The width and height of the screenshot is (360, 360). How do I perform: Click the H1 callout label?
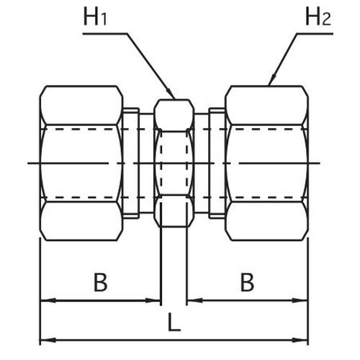[95, 17]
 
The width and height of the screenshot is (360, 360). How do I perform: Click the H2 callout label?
[318, 17]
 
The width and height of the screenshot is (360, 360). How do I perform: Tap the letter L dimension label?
[174, 322]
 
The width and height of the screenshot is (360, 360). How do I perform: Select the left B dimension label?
[100, 282]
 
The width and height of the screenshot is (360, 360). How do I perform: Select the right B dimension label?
[247, 282]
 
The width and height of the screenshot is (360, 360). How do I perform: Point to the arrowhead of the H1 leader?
[171, 94]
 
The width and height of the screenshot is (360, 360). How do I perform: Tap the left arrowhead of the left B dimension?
[48, 300]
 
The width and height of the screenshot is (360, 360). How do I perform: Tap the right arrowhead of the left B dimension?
[153, 300]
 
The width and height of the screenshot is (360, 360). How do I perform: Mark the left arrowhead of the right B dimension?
[195, 300]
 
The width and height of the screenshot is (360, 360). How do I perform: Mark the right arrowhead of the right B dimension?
[300, 300]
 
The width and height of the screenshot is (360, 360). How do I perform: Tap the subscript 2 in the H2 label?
[326, 19]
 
